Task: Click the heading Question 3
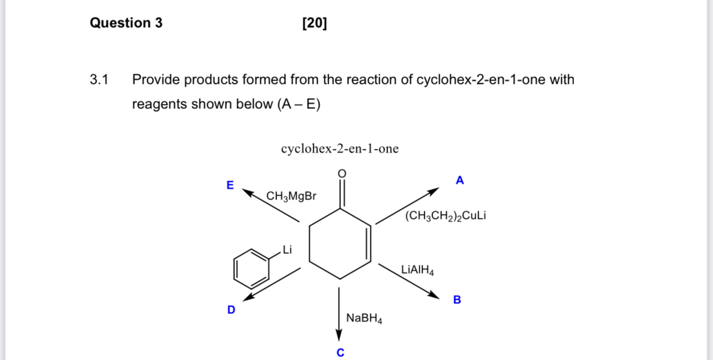click(x=126, y=23)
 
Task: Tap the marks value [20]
click(x=315, y=23)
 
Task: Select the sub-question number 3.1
click(x=99, y=80)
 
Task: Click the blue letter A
click(x=459, y=180)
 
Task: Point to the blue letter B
click(x=457, y=300)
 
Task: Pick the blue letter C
click(x=340, y=352)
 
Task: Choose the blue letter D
click(x=231, y=309)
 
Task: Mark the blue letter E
click(x=230, y=185)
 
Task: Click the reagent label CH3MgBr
click(x=292, y=196)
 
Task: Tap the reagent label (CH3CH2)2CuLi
click(x=445, y=216)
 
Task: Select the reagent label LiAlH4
click(x=417, y=271)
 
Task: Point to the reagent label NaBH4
click(x=364, y=318)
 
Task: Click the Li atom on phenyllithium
click(x=287, y=249)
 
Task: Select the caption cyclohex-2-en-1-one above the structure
click(x=340, y=149)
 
